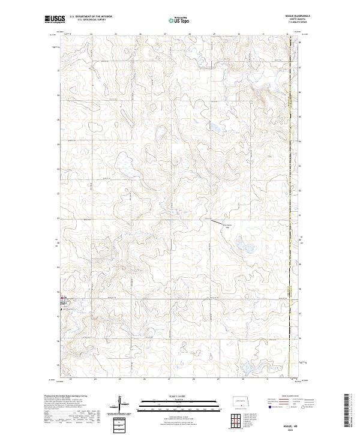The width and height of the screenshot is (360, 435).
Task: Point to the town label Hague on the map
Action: pyautogui.click(x=63, y=302)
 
